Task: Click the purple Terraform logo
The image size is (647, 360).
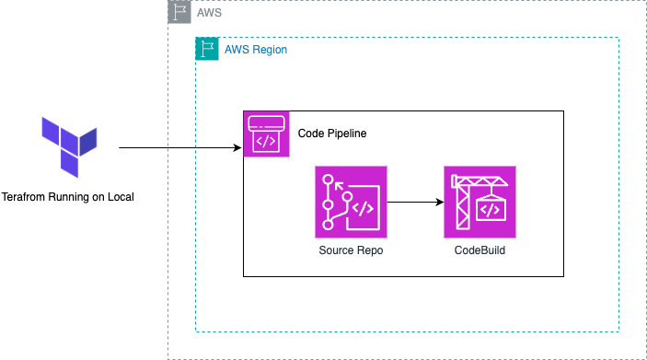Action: click(x=69, y=146)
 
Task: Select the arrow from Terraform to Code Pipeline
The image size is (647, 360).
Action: click(x=175, y=147)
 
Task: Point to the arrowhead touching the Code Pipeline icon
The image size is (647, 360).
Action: click(x=237, y=147)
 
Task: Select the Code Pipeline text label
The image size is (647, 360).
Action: click(x=331, y=134)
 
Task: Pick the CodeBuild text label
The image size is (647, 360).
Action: click(x=479, y=250)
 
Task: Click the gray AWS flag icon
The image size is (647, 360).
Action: click(x=179, y=12)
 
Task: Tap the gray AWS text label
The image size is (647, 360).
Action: click(x=210, y=13)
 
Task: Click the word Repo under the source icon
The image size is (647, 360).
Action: click(x=370, y=250)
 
